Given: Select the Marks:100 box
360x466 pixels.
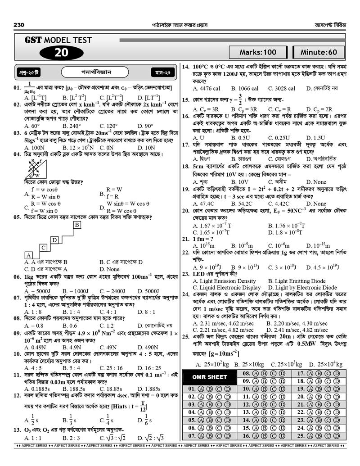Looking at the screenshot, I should [x=258, y=52].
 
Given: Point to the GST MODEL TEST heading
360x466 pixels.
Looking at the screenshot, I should [x=58, y=40].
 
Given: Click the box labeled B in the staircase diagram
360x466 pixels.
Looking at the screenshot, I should [x=77, y=224].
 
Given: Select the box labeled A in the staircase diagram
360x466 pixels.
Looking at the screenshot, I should [x=28, y=255].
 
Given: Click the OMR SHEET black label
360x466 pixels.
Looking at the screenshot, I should [x=210, y=377].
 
